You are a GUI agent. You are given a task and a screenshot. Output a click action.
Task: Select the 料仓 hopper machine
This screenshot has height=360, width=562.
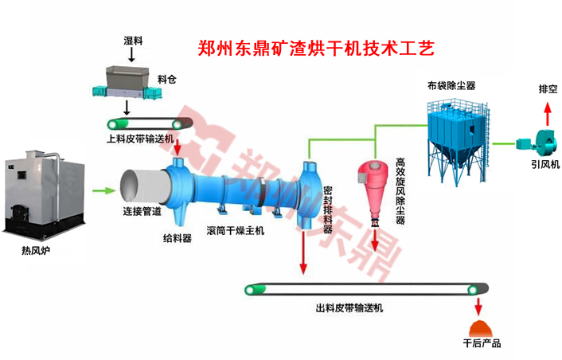click(x=127, y=80)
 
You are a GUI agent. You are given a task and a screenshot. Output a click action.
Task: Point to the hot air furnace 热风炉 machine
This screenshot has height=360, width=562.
click(x=43, y=190)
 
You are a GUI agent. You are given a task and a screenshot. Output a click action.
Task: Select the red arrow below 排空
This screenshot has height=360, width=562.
click(x=545, y=108)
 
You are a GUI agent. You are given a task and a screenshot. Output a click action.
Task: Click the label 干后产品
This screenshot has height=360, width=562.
click(x=482, y=344)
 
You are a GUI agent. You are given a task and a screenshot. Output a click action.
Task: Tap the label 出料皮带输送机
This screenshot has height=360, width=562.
click(x=349, y=308)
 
